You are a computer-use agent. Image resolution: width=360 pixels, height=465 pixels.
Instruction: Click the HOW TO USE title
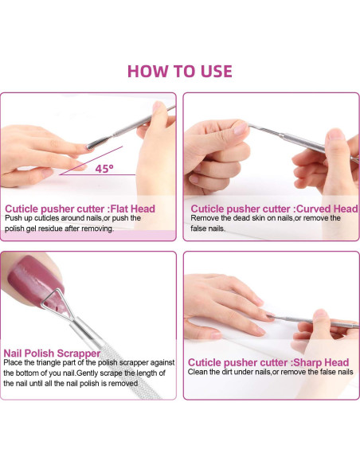coord(180,70)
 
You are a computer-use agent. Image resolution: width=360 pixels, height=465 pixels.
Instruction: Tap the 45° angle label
coord(104,169)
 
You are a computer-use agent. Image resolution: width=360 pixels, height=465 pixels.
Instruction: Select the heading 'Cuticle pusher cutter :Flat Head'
coord(80,209)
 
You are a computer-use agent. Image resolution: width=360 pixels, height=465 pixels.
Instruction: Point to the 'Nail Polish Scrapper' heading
coord(53,352)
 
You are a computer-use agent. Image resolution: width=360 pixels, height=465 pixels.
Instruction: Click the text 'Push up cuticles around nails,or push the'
coord(72,218)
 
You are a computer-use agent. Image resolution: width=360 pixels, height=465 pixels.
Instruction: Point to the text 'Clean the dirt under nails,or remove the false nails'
coord(270,372)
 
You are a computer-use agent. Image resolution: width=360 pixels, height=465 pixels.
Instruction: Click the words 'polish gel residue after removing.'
coord(59,229)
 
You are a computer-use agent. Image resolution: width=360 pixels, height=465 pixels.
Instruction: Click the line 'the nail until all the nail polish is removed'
coord(72,383)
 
